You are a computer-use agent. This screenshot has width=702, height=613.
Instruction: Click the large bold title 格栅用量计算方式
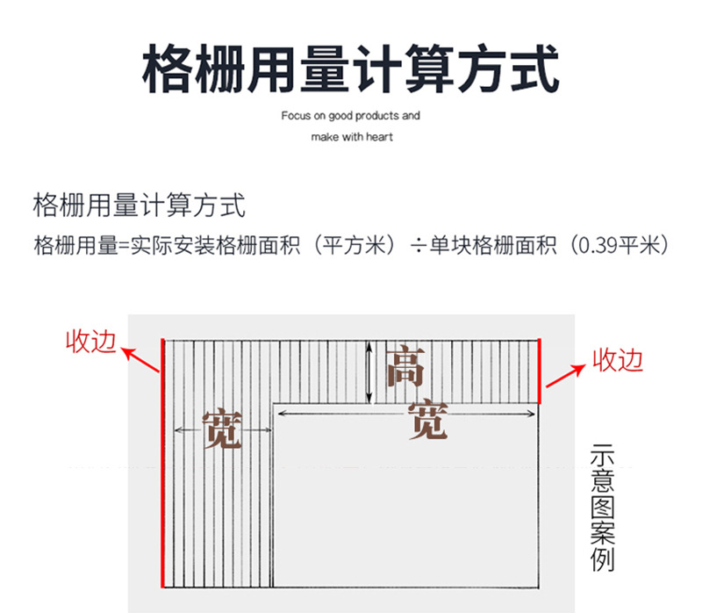point(350,68)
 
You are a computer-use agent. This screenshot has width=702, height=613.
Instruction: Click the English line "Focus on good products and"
point(350,115)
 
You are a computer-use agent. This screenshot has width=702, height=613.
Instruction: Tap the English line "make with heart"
point(352,137)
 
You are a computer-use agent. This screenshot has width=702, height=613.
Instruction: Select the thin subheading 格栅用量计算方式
point(139,206)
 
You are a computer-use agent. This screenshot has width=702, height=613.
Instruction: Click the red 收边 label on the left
point(90,342)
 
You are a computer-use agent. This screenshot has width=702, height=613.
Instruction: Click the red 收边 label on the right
point(619,359)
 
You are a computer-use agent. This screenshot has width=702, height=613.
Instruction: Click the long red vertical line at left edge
point(162,462)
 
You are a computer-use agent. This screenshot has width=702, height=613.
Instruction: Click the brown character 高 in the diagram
point(405,367)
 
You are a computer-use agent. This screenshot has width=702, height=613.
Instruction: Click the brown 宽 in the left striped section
point(222,429)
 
